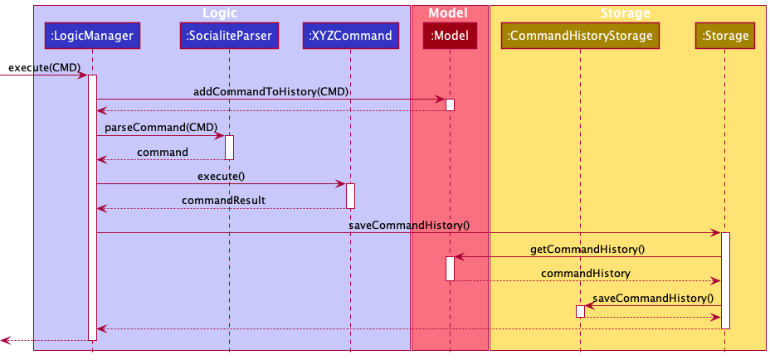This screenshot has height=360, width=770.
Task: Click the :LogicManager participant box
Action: click(92, 36)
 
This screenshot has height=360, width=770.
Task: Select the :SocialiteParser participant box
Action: click(228, 36)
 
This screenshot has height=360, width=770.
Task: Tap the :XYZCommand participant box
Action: click(350, 36)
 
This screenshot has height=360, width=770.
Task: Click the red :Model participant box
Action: click(450, 36)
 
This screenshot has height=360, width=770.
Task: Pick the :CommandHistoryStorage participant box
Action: click(580, 36)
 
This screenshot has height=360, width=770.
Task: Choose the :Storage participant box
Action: click(725, 36)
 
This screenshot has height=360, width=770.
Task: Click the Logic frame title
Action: click(222, 13)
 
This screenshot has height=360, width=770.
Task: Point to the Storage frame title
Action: click(625, 13)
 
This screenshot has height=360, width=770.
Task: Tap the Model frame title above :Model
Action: click(449, 13)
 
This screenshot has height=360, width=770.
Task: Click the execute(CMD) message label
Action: click(44, 66)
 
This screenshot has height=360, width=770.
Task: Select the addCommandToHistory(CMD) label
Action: click(270, 91)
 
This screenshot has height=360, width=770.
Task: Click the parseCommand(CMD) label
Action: click(160, 127)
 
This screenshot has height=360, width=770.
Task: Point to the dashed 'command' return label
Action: click(162, 152)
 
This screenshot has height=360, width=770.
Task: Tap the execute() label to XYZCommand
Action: click(221, 176)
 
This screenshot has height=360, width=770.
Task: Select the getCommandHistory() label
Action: click(587, 249)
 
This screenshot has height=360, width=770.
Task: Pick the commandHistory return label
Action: click(586, 273)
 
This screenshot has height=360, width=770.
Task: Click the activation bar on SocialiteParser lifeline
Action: click(229, 147)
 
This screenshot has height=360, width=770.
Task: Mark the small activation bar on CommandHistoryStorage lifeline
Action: click(580, 311)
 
